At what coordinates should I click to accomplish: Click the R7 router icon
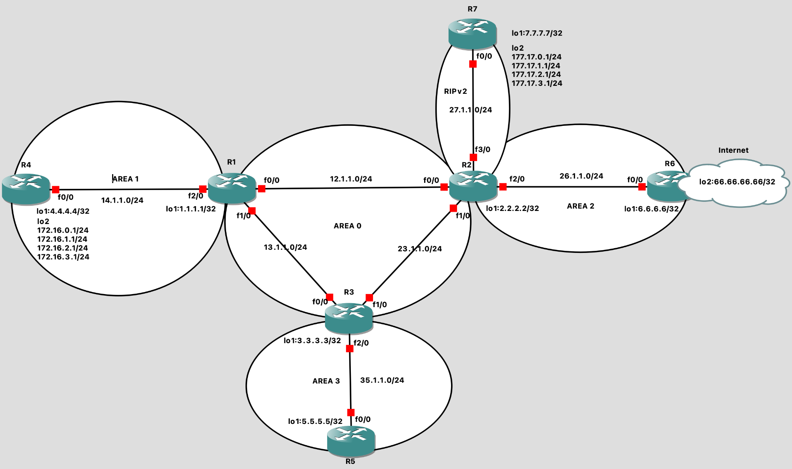click(472, 33)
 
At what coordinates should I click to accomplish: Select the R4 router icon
click(26, 189)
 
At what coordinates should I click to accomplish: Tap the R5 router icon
click(351, 441)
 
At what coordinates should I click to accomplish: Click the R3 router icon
click(348, 318)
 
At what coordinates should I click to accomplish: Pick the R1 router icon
click(232, 188)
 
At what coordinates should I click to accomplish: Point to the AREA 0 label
click(347, 226)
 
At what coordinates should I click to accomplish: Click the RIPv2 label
click(455, 91)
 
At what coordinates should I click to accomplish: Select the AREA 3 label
click(326, 381)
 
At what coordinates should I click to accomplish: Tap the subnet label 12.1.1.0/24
click(351, 179)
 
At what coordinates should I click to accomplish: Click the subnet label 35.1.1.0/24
click(382, 380)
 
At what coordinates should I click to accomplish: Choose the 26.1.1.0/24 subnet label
click(581, 176)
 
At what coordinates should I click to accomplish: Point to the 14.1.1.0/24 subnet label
click(122, 200)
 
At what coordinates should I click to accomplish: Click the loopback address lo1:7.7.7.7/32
click(537, 33)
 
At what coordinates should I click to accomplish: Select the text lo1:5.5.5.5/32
click(315, 422)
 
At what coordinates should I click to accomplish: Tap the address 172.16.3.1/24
click(63, 257)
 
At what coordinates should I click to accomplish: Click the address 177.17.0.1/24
click(536, 57)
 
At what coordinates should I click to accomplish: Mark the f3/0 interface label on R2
click(482, 150)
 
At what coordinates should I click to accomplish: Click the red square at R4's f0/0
click(55, 190)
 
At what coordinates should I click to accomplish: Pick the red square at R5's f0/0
click(350, 412)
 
